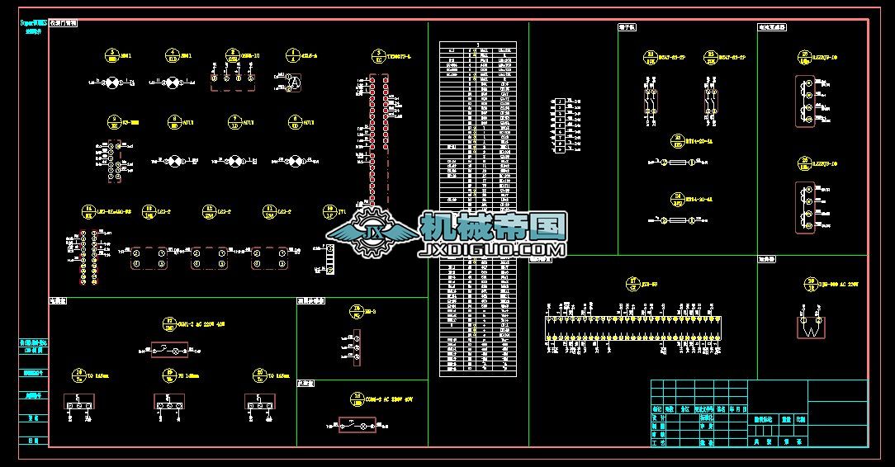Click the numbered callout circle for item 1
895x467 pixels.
[x=112, y=56]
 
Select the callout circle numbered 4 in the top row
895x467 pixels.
[x=292, y=56]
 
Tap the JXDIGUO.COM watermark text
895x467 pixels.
[x=493, y=248]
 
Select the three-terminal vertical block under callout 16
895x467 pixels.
[x=357, y=348]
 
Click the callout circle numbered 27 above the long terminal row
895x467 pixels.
[x=633, y=283]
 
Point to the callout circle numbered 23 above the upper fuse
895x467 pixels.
[x=678, y=141]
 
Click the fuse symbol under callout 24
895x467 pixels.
[x=680, y=221]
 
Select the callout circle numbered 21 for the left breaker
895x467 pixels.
[x=650, y=56]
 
